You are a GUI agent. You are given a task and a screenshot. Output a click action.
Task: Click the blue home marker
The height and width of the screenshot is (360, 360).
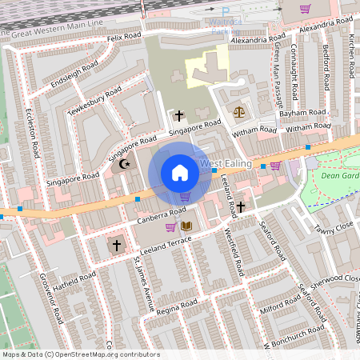pos(180,173)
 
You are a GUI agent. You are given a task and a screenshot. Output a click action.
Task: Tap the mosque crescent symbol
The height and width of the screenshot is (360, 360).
pos(123,164)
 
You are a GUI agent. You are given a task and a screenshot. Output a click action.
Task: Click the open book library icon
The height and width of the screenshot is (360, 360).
pos(186,226)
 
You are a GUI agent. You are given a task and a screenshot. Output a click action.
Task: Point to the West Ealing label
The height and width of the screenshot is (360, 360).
pos(226,164)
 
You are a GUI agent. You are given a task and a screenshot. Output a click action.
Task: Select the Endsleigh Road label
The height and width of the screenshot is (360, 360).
pos(72,73)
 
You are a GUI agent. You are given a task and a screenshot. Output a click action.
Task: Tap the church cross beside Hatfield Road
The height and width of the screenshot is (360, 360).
pos(117,244)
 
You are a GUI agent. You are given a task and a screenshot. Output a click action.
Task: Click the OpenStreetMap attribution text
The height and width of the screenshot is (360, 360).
pos(80,354)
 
